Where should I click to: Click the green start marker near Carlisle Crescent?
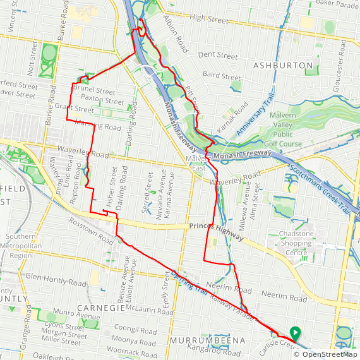[x=294, y=332]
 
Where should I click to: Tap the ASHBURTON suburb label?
[x=283, y=65]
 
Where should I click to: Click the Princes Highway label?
[x=215, y=231]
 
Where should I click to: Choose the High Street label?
[x=208, y=20]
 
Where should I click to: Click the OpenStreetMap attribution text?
[x=326, y=354]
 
